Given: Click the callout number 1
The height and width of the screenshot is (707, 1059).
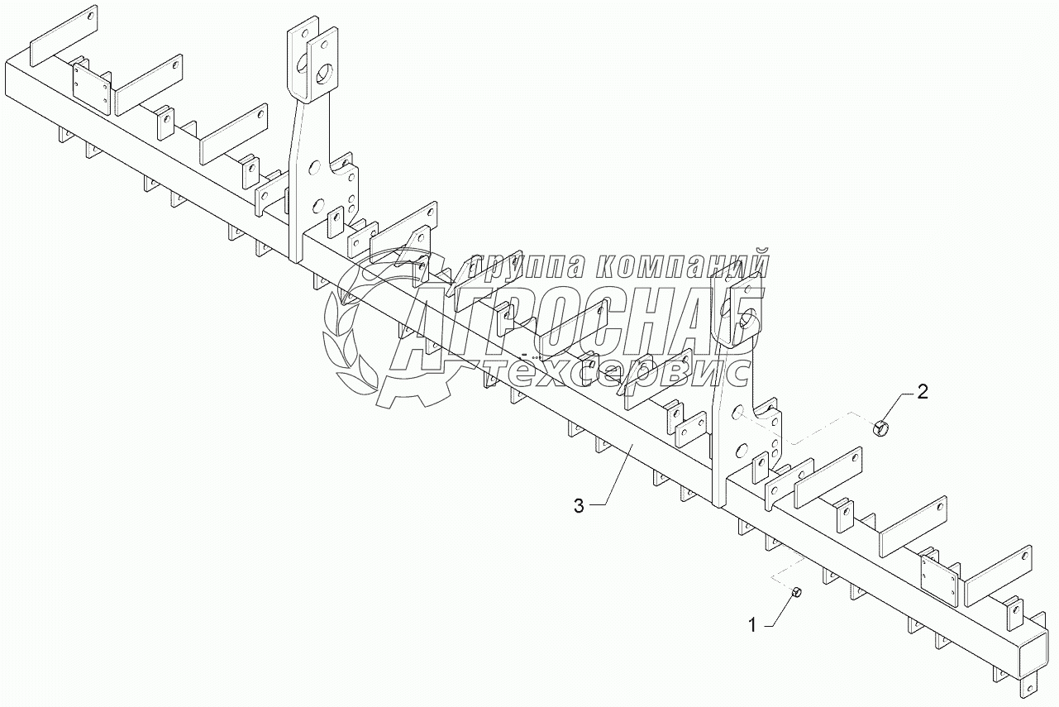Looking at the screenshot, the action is [x=752, y=626].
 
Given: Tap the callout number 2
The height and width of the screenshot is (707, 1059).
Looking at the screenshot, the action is [x=923, y=391].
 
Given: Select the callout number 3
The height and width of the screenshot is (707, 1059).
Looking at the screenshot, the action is [x=580, y=505].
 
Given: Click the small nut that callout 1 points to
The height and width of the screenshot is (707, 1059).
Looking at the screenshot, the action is [x=797, y=592].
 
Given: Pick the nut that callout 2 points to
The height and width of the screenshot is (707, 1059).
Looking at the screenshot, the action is [x=881, y=428].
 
